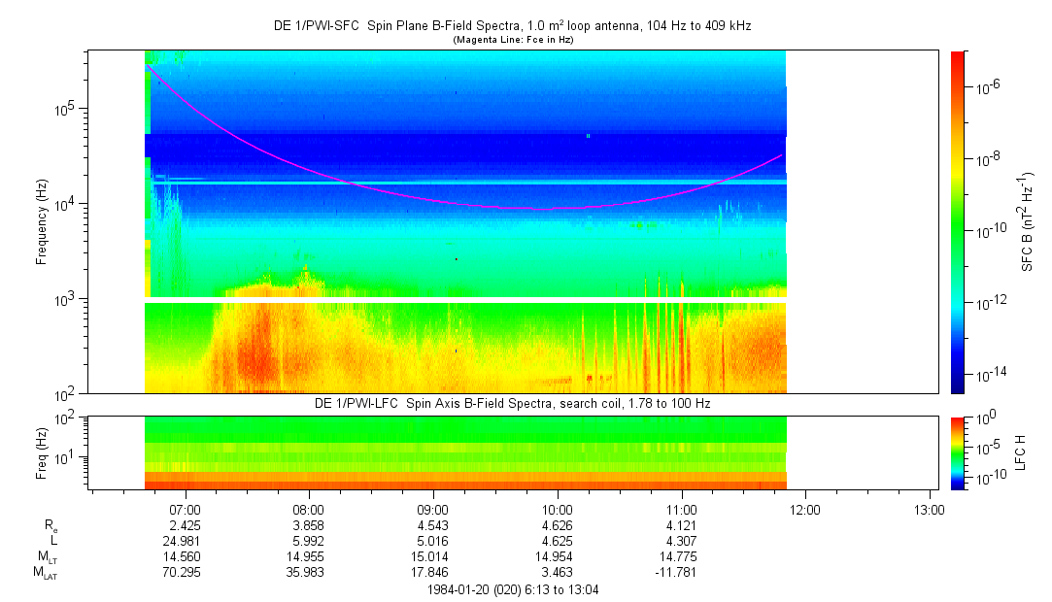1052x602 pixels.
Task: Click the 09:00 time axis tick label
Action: tap(432, 508)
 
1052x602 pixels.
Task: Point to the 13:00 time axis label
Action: tap(930, 508)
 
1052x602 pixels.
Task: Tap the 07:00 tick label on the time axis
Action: tap(185, 508)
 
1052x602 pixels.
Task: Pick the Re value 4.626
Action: tap(557, 524)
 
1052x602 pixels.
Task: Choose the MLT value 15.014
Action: tap(432, 556)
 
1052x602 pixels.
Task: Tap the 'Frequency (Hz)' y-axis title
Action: tap(42, 222)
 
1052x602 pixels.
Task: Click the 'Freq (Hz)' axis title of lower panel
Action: tap(42, 452)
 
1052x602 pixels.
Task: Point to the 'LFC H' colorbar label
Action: tap(1021, 452)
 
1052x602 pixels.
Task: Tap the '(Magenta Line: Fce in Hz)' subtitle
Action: tap(512, 40)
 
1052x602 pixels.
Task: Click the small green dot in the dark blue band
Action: tap(589, 136)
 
